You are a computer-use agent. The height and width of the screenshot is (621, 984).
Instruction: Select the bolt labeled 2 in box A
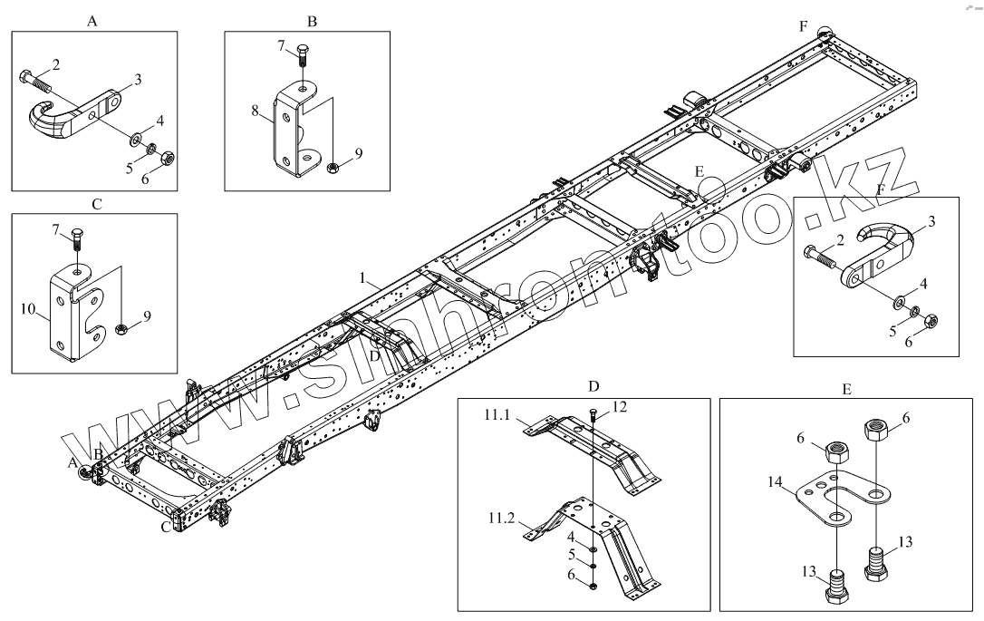[x=34, y=79]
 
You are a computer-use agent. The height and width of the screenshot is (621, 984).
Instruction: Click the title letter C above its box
[x=97, y=204]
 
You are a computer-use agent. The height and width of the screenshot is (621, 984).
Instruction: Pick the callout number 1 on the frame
[x=362, y=277]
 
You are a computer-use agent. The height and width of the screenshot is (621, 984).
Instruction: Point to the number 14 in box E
[x=774, y=480]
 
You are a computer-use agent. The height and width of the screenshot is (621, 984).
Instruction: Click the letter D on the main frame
[x=373, y=355]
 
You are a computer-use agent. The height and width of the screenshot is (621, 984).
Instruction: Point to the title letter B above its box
[x=311, y=20]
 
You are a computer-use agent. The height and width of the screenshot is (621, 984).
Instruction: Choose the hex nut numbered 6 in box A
[x=167, y=159]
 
